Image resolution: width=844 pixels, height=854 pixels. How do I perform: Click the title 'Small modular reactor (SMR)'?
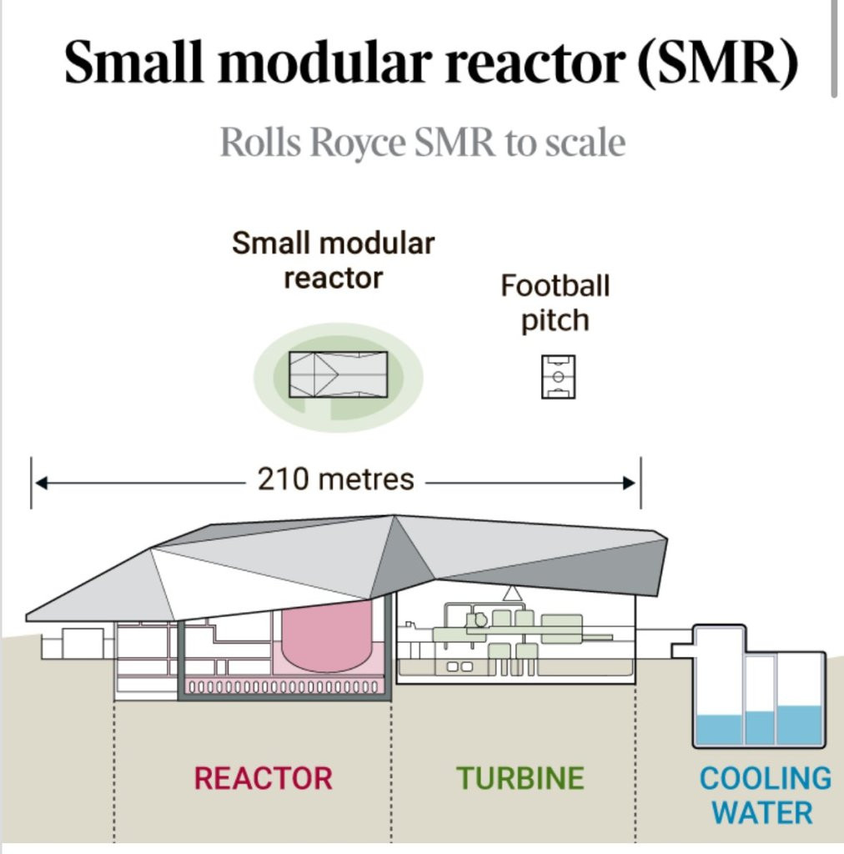tap(430, 62)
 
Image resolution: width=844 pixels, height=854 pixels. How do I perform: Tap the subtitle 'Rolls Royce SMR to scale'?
tap(423, 142)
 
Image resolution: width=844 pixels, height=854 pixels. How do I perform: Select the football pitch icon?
tap(558, 377)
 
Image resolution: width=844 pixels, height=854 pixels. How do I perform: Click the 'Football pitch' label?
tap(555, 302)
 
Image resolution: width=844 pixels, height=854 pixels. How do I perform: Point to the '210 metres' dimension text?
tap(335, 480)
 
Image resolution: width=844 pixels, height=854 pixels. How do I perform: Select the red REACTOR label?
tap(263, 778)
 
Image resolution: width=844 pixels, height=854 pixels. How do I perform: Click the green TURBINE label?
tap(520, 778)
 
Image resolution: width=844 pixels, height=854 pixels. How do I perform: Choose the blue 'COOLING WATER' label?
tap(765, 795)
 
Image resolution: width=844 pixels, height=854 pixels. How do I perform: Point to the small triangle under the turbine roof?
tap(512, 594)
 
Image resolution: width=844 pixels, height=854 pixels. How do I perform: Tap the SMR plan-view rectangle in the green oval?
tap(338, 374)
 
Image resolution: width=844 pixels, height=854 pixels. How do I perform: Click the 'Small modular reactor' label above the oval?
tap(334, 260)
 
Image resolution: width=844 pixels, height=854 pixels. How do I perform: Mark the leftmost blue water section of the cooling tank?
tap(719, 729)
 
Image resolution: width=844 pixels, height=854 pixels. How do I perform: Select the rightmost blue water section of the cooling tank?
tap(799, 725)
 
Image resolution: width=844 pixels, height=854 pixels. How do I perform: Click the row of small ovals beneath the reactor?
tap(282, 686)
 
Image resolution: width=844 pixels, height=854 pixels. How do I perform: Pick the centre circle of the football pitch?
tap(558, 377)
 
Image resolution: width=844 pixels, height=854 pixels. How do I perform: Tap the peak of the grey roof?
tap(394, 515)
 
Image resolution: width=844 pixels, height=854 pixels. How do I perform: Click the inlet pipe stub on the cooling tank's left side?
tap(681, 651)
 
